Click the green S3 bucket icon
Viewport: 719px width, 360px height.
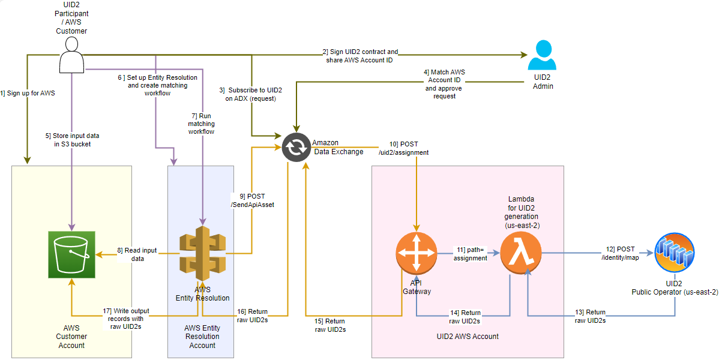[x=71, y=254]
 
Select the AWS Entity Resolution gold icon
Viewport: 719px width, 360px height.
[x=202, y=254]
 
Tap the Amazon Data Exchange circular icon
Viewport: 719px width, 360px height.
[x=296, y=148]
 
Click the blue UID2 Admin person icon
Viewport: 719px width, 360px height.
[x=543, y=57]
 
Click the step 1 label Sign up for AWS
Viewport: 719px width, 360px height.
[x=28, y=93]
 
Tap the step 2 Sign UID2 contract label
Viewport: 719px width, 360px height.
[x=360, y=56]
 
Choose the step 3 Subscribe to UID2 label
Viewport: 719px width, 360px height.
[x=251, y=94]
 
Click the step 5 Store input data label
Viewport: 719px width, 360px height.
[x=71, y=140]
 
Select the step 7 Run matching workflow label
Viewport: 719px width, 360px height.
[x=201, y=123]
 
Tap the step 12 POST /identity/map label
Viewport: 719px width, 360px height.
[x=619, y=253]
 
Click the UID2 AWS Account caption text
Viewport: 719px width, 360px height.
[x=468, y=337]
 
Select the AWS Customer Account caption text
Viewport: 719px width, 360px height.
[x=71, y=337]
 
